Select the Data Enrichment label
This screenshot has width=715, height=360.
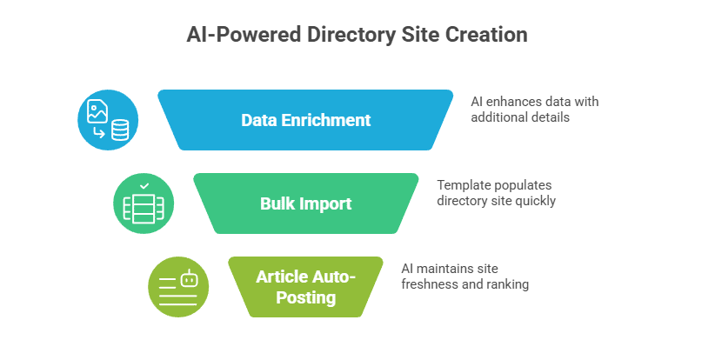pyautogui.click(x=305, y=120)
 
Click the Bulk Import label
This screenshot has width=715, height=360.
pyautogui.click(x=305, y=204)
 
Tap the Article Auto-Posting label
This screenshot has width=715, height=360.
pyautogui.click(x=305, y=288)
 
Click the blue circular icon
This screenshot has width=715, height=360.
pyautogui.click(x=108, y=120)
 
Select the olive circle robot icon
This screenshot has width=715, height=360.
pyautogui.click(x=178, y=288)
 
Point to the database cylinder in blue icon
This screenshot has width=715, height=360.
pyautogui.click(x=119, y=130)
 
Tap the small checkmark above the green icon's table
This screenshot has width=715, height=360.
pyautogui.click(x=144, y=186)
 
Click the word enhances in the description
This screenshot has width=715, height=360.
pyautogui.click(x=517, y=102)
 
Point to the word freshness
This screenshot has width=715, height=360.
pyautogui.click(x=431, y=284)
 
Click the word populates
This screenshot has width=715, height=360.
pyautogui.click(x=525, y=185)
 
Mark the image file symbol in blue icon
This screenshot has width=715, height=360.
pyautogui.click(x=97, y=110)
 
